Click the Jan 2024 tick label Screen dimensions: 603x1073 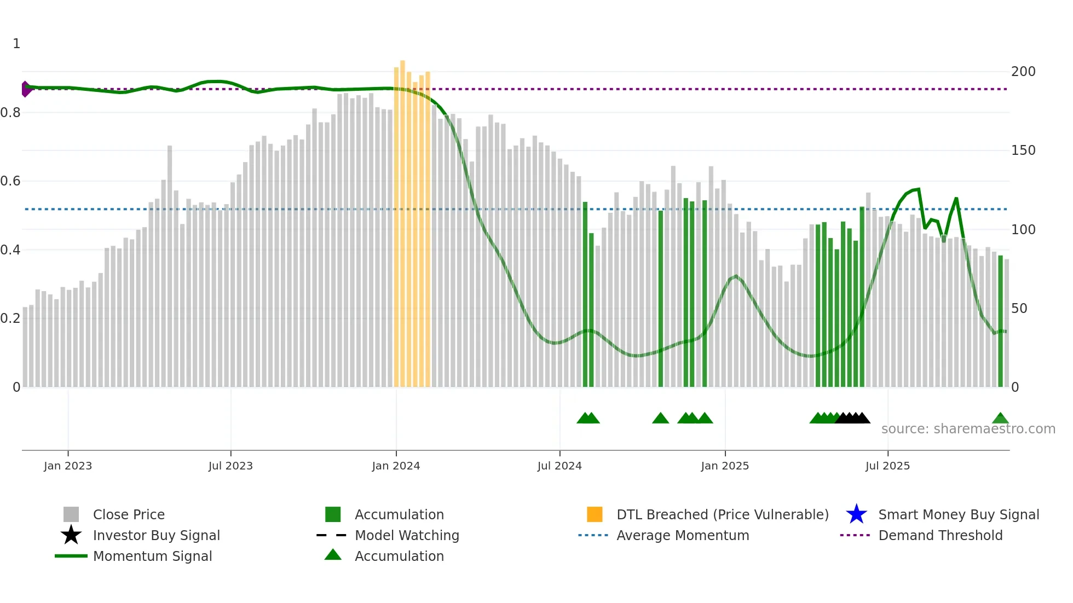click(396, 466)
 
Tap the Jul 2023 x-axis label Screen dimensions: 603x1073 click(230, 466)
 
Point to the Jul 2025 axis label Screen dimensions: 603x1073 click(887, 466)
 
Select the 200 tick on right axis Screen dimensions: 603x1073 click(1023, 72)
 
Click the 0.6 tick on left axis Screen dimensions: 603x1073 click(10, 181)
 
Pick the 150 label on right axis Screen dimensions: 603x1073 click(1023, 150)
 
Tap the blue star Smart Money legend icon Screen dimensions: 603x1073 click(856, 514)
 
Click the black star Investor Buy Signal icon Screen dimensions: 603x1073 click(71, 535)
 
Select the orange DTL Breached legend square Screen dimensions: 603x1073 click(595, 514)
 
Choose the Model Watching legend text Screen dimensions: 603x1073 click(407, 535)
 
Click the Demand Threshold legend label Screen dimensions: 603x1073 click(940, 535)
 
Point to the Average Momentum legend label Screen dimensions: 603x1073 click(683, 535)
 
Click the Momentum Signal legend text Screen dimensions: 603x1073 click(152, 556)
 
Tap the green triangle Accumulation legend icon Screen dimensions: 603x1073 click(333, 555)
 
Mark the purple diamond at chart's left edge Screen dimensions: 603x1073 click(26, 89)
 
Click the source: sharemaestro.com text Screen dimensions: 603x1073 click(968, 429)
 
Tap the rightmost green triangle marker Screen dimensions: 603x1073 click(1000, 419)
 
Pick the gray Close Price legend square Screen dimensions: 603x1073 click(71, 514)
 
